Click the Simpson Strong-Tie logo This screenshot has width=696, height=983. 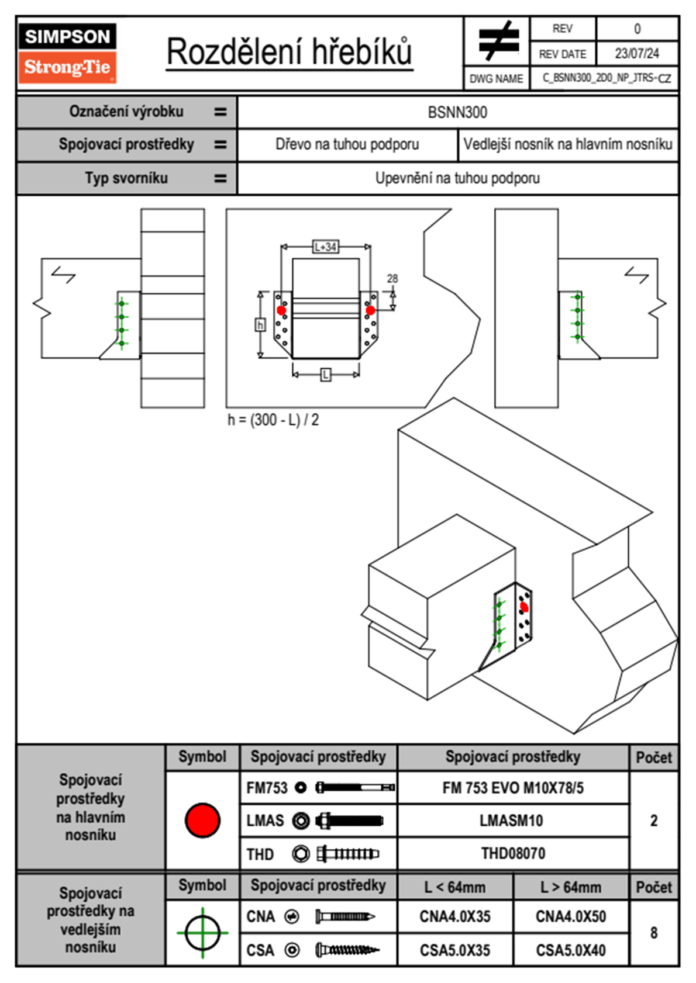tap(67, 53)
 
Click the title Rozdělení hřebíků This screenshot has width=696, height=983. tap(290, 51)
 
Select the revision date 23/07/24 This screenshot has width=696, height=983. tap(636, 54)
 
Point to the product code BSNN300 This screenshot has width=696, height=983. tap(457, 112)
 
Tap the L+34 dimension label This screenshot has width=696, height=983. tap(325, 247)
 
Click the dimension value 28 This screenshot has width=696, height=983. tap(392, 279)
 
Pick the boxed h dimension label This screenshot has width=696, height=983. tap(260, 324)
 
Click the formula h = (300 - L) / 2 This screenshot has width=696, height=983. tap(273, 420)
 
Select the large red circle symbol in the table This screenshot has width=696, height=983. tap(202, 820)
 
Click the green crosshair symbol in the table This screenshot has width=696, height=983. tap(202, 933)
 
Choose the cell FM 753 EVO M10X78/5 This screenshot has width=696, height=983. tap(513, 788)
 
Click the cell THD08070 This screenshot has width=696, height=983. tap(513, 853)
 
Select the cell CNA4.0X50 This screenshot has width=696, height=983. tap(571, 916)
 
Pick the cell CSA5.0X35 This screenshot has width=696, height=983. tap(455, 950)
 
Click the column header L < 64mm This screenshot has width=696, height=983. tap(455, 887)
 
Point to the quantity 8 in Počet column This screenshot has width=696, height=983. tap(654, 933)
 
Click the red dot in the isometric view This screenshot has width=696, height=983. tap(524, 608)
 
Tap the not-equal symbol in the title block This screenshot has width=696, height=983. tap(497, 41)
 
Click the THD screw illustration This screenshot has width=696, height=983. tap(347, 854)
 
